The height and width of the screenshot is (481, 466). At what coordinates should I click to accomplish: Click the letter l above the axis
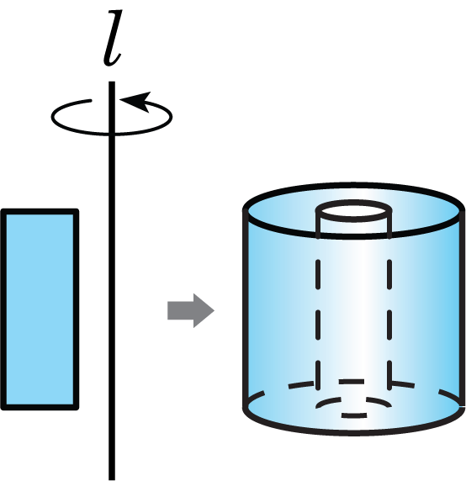click(x=112, y=38)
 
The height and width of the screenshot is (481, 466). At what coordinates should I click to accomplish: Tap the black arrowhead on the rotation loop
click(x=136, y=101)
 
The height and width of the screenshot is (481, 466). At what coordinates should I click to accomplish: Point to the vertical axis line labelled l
click(x=112, y=281)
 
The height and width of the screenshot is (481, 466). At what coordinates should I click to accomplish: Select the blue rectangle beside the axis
click(x=40, y=309)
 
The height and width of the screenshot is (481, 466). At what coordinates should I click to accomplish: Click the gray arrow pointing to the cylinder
click(x=190, y=310)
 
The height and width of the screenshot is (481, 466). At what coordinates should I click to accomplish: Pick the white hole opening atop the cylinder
click(x=354, y=211)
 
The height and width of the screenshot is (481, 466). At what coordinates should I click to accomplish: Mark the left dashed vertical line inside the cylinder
click(x=318, y=325)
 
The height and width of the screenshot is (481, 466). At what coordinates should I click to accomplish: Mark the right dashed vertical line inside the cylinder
click(x=389, y=325)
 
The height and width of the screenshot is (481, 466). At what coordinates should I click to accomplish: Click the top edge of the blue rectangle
click(x=40, y=211)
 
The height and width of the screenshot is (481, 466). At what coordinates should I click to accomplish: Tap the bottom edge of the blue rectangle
click(x=40, y=407)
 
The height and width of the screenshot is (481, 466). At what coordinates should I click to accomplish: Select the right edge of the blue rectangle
click(x=76, y=309)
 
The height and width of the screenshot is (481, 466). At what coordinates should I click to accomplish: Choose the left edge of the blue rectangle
click(x=3, y=309)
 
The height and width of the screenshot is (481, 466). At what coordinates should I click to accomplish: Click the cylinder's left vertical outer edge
click(x=246, y=309)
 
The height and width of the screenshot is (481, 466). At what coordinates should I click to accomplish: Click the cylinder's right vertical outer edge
click(x=462, y=309)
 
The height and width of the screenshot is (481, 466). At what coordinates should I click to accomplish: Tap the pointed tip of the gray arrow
click(x=214, y=310)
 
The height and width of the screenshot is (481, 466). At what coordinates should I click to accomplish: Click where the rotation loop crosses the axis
click(x=112, y=134)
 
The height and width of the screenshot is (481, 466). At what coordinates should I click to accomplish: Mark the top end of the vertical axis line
click(x=112, y=82)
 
